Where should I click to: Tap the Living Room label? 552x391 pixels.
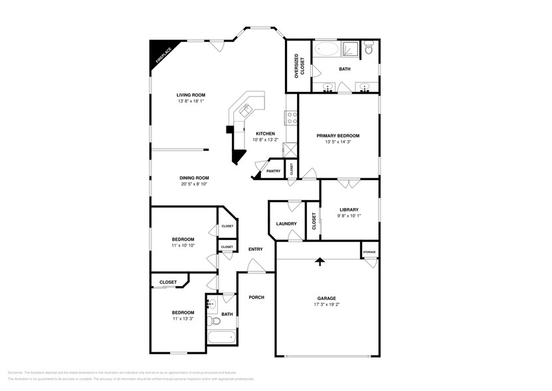[x=191, y=95]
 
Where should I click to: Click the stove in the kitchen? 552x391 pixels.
[x=291, y=118]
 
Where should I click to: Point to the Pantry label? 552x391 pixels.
[x=274, y=171]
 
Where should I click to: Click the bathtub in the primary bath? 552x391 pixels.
[x=326, y=49]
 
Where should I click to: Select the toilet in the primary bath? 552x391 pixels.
[x=371, y=48]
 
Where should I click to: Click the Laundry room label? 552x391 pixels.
[x=286, y=223]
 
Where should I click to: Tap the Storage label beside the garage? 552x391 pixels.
[x=369, y=252]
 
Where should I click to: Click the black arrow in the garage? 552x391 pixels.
[x=320, y=261]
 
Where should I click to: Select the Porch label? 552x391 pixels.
[x=256, y=297]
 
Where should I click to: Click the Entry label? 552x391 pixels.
[x=256, y=249]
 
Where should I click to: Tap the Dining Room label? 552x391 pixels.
[x=195, y=178]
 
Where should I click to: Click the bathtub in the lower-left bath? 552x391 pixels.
[x=221, y=337]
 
